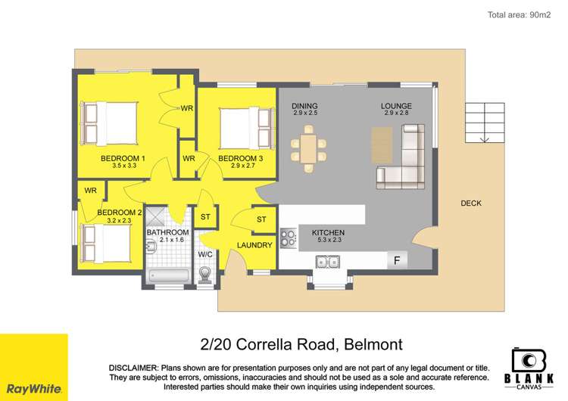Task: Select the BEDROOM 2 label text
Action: point(120,213)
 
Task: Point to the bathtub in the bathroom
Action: point(168,275)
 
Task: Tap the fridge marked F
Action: point(395,261)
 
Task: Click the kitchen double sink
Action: point(328,263)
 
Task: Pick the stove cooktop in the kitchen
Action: point(288,238)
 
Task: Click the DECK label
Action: point(470,203)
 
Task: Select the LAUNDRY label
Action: point(254,245)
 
